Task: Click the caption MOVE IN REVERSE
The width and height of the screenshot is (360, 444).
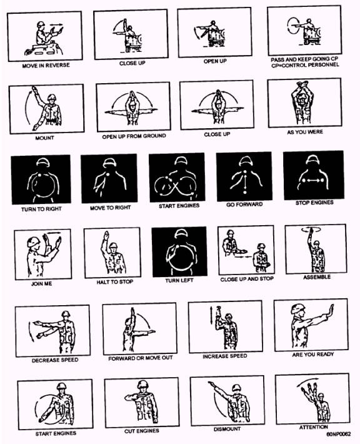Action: click(46, 66)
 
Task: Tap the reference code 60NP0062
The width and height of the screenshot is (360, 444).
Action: click(339, 434)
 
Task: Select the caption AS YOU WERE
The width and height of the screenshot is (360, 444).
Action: click(305, 132)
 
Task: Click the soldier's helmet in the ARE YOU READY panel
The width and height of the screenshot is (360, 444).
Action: click(297, 309)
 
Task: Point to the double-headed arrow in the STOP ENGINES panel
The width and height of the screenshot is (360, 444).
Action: click(312, 180)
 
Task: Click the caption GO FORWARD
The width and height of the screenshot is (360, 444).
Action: click(244, 204)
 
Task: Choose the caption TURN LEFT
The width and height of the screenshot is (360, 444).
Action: click(179, 280)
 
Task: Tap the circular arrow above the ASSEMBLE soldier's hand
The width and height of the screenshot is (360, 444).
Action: click(311, 230)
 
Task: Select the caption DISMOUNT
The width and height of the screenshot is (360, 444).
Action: click(227, 429)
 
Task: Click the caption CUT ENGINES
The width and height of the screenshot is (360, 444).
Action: click(141, 431)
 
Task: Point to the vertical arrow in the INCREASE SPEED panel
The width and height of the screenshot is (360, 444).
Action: click(211, 316)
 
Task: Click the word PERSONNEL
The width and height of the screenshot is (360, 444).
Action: click(324, 65)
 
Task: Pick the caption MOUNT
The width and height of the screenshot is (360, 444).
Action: click(44, 138)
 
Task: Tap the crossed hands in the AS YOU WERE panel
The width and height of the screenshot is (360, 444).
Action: click(302, 85)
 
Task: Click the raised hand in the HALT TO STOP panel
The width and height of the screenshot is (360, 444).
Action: click(106, 236)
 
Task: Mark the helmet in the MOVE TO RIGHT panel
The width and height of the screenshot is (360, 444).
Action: click(109, 163)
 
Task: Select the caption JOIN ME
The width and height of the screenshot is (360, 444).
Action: click(42, 283)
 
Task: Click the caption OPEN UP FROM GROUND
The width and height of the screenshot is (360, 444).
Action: click(134, 136)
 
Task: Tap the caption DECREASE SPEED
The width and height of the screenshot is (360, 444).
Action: click(55, 360)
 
